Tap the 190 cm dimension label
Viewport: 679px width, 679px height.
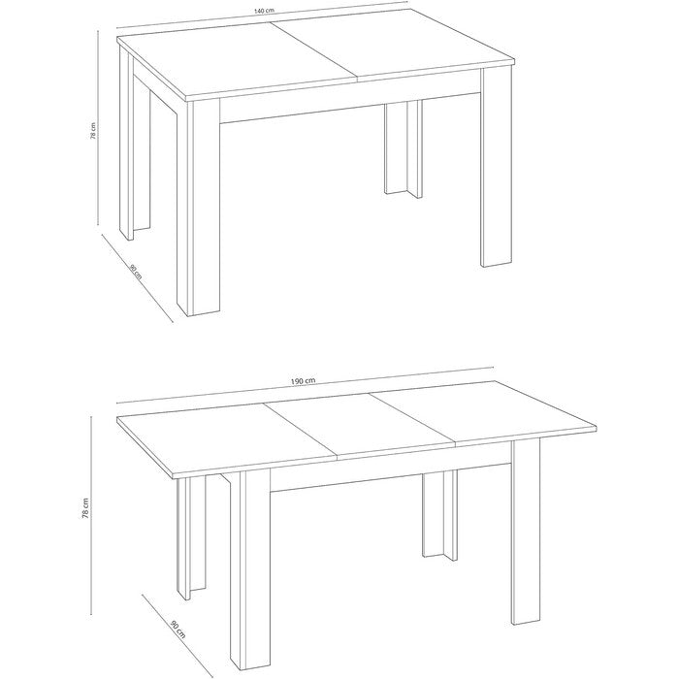pyautogui.click(x=303, y=380)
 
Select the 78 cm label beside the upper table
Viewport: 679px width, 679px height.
pyautogui.click(x=93, y=130)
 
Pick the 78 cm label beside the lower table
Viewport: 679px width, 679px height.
pyautogui.click(x=85, y=507)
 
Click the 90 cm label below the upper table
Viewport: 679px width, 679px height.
pyautogui.click(x=136, y=271)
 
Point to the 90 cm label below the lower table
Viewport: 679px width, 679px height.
pyautogui.click(x=178, y=630)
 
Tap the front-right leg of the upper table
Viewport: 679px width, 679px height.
pyautogui.click(x=496, y=167)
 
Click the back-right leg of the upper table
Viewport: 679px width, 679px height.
pyautogui.click(x=404, y=148)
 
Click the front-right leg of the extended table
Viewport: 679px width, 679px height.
pyautogui.click(x=526, y=533)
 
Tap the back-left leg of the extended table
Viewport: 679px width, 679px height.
pyautogui.click(x=191, y=538)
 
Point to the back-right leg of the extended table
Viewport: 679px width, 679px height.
pyautogui.click(x=439, y=515)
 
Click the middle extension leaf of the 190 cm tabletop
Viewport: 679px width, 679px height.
pyautogui.click(x=360, y=426)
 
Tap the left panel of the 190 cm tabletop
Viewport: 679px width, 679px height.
pyautogui.click(x=226, y=440)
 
